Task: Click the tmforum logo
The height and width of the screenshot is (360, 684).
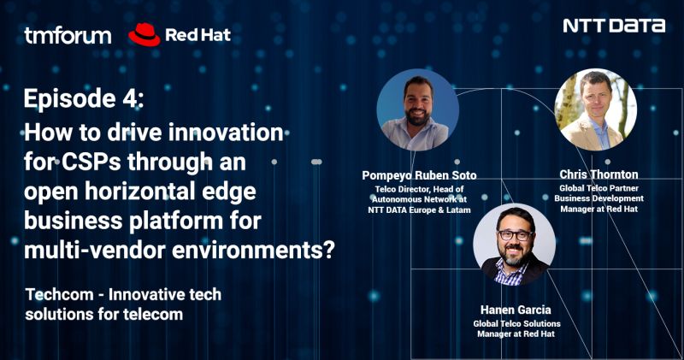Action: (68, 35)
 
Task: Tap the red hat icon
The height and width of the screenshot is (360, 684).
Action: (144, 34)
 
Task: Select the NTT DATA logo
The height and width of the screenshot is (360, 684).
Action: (614, 26)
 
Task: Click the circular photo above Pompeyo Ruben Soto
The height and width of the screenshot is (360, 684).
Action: (417, 109)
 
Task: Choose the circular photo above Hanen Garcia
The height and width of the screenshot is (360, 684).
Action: (514, 245)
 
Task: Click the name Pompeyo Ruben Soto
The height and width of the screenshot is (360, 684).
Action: (419, 175)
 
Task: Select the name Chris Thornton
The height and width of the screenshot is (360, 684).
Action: (598, 174)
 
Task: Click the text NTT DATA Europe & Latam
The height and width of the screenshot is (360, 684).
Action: (419, 209)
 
